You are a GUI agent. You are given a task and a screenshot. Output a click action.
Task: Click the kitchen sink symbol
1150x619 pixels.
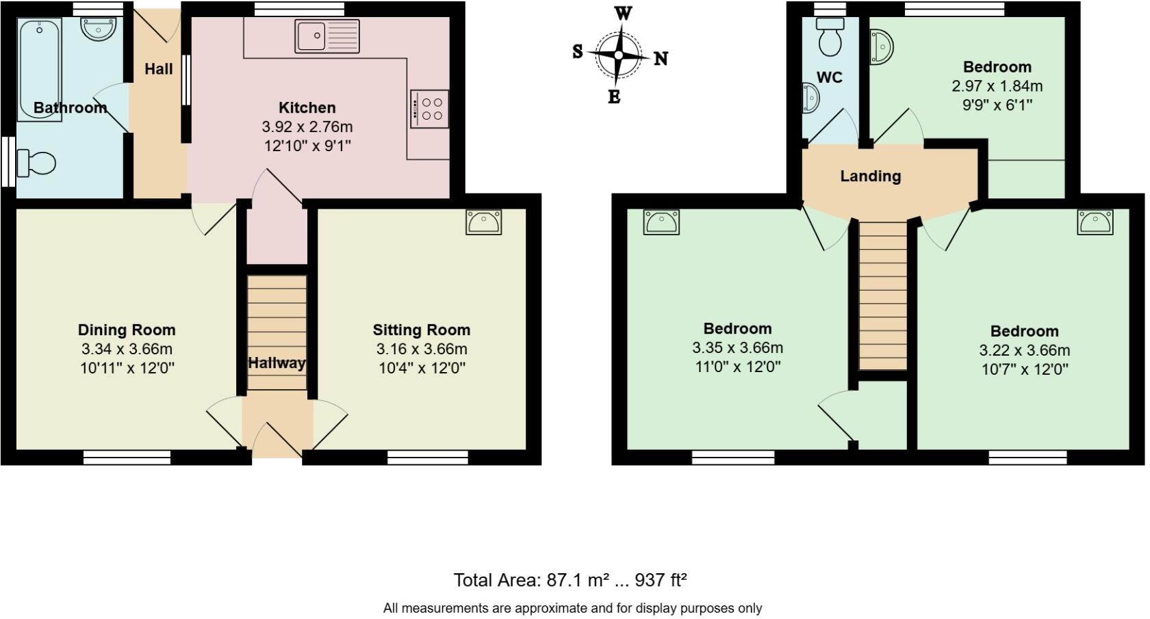point(327,36)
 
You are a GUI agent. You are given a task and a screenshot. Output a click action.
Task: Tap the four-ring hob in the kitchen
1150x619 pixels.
point(430,109)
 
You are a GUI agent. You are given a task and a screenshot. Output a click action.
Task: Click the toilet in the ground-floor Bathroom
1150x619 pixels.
point(36,163)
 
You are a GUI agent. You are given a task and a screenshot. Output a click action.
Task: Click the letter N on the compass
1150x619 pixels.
point(661,59)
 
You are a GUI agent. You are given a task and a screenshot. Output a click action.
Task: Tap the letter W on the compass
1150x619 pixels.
point(623,13)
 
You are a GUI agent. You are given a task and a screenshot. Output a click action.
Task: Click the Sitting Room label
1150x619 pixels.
point(421,330)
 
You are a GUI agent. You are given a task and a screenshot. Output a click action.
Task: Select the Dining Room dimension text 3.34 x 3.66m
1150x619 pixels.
point(127,349)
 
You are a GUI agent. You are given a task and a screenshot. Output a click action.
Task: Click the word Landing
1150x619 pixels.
point(870,176)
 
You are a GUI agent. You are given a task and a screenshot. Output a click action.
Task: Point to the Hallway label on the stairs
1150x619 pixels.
point(277,363)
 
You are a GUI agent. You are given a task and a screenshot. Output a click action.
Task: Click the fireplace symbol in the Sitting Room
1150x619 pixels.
point(483,222)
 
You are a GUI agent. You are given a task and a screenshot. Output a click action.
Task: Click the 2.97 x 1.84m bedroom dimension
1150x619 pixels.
point(997,86)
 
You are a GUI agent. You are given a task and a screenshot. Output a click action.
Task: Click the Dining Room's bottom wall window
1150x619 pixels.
point(127,457)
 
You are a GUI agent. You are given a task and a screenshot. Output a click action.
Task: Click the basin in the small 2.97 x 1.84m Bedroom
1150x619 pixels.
point(881,47)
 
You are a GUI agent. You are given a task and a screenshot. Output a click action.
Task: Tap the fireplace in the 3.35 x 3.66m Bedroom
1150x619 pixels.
point(661,222)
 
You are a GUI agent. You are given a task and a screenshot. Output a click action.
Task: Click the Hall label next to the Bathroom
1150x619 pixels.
point(158,69)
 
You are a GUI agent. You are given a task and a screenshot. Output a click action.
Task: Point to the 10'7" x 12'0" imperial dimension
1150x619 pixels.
point(1024,369)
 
